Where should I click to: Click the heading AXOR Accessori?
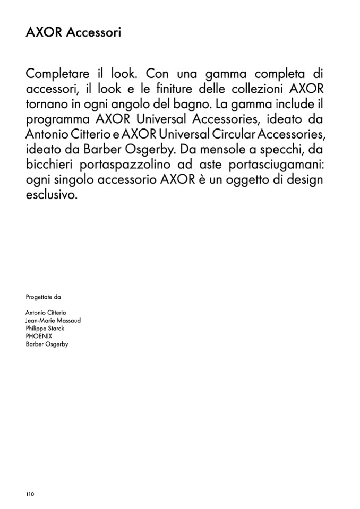click(x=73, y=33)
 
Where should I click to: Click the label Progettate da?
click(x=43, y=297)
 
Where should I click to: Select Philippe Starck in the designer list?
click(x=45, y=329)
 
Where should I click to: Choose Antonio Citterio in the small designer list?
click(x=46, y=313)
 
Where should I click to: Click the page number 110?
click(x=30, y=494)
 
